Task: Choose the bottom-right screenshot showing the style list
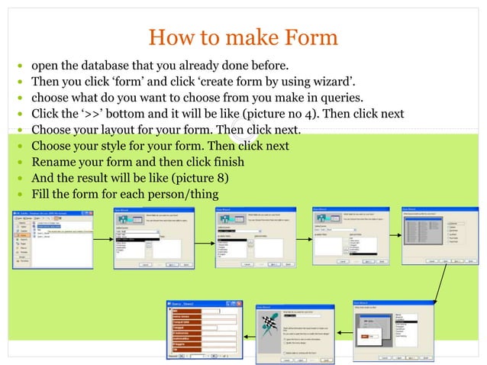pos(387,328)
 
